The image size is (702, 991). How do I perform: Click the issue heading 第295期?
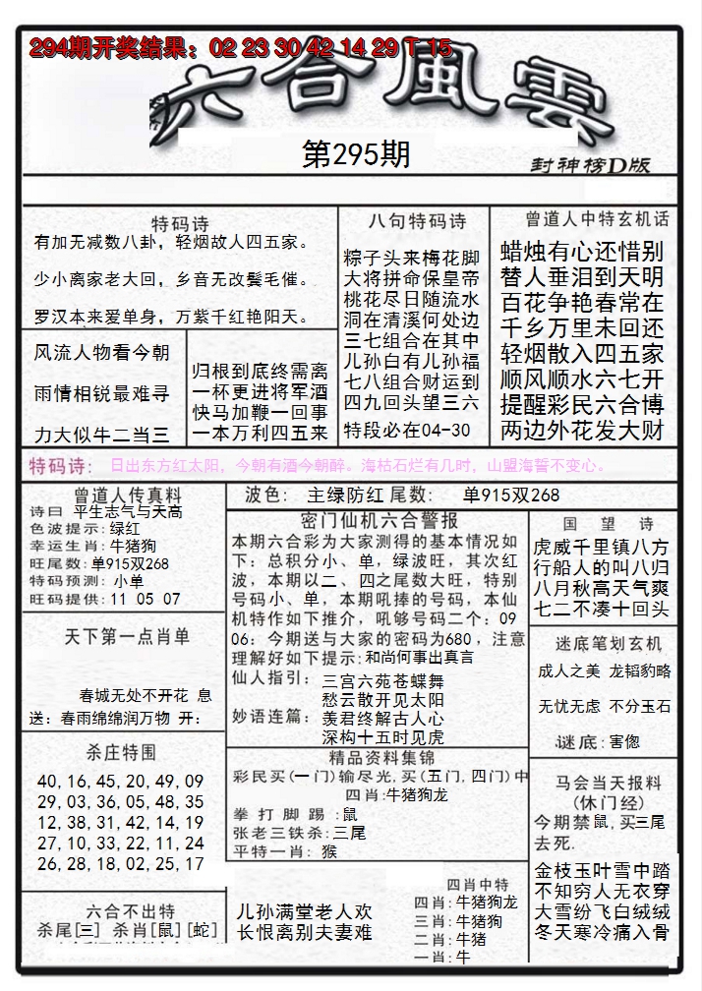tap(356, 155)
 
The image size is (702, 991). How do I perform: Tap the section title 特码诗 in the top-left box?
tap(180, 224)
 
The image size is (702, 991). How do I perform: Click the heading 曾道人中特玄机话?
tap(597, 219)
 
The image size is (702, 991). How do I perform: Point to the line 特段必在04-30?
tap(407, 431)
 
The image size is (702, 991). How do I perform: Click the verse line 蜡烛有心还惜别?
tap(582, 250)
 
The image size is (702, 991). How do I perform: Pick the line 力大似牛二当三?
tap(101, 435)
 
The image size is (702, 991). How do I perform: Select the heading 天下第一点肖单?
tap(127, 636)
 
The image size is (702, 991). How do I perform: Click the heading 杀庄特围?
tap(120, 752)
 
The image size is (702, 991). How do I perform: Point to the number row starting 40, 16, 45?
tap(120, 781)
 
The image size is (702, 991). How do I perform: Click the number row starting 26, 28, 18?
tap(120, 864)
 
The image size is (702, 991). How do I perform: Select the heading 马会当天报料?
tap(600, 784)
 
